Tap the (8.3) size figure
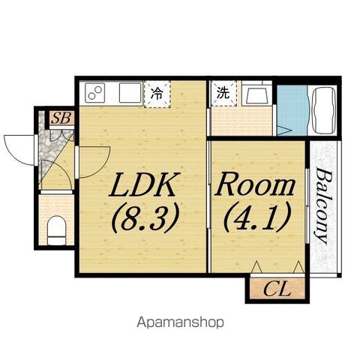[x=145, y=217]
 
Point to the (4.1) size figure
[x=257, y=217]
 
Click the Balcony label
[x=324, y=205]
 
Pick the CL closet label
[x=277, y=289]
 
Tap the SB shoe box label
[x=61, y=118]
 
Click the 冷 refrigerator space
[x=157, y=94]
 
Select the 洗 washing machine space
[x=223, y=93]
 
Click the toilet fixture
[x=57, y=230]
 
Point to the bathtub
[x=324, y=110]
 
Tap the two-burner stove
[x=94, y=92]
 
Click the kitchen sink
[x=130, y=93]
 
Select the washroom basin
[x=257, y=96]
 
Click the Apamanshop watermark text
[x=180, y=322]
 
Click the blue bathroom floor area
[x=292, y=110]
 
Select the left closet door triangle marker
[x=256, y=267]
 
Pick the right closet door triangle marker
[x=298, y=267]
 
